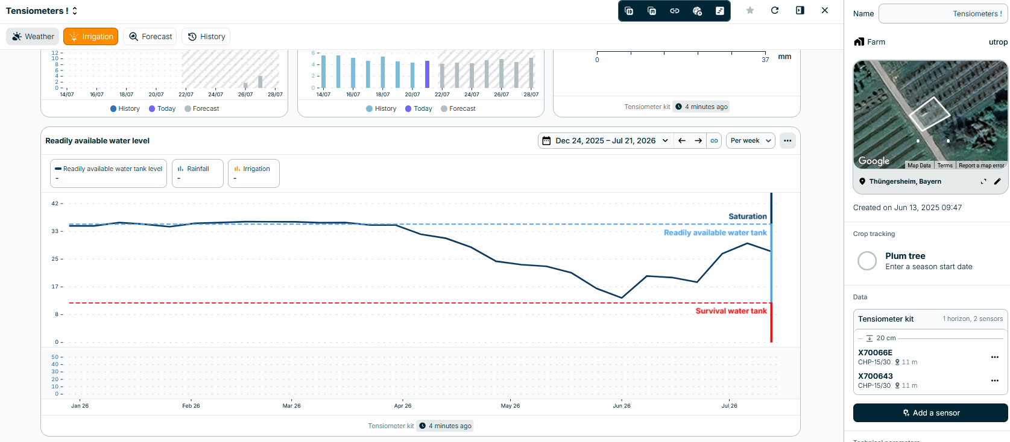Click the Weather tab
(33, 37)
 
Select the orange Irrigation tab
(90, 37)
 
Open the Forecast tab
(150, 37)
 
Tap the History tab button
(206, 37)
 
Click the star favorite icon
(750, 10)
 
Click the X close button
(825, 10)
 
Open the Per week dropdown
(750, 141)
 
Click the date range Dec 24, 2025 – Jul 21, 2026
(605, 141)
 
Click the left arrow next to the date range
(682, 141)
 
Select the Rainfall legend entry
(198, 173)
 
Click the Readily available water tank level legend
(108, 173)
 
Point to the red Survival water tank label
(731, 311)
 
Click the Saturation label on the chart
(748, 217)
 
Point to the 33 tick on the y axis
(55, 231)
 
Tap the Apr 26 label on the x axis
(403, 405)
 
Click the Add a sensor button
(930, 412)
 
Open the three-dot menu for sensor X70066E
(995, 357)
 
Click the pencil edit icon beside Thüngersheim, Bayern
(997, 181)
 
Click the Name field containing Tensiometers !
(943, 13)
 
